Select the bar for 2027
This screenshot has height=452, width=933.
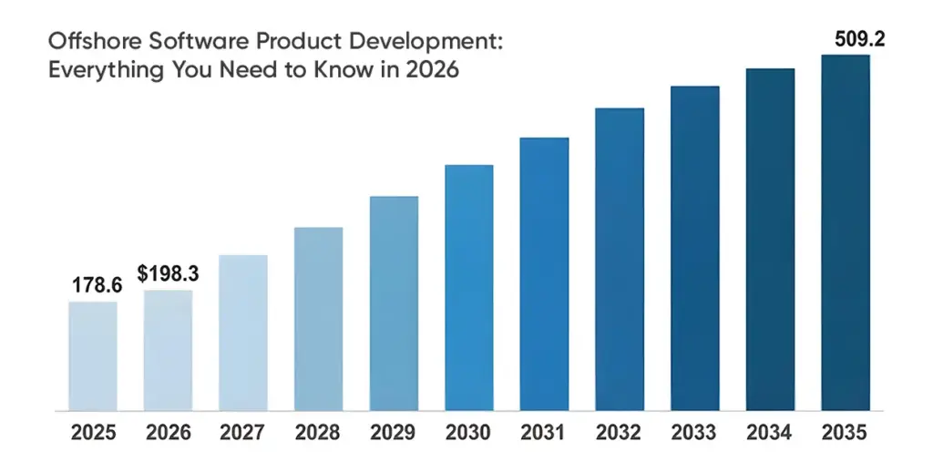(243, 333)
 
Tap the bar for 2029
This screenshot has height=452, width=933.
(394, 303)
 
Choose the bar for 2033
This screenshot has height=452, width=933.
(695, 248)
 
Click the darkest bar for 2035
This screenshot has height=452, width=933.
(846, 232)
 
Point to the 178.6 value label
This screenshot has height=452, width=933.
(97, 285)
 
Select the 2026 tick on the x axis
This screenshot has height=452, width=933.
(168, 431)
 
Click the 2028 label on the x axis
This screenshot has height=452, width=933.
(319, 431)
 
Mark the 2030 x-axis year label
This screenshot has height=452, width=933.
(469, 431)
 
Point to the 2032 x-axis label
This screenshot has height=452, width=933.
(620, 431)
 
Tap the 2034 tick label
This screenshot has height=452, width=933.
(770, 431)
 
